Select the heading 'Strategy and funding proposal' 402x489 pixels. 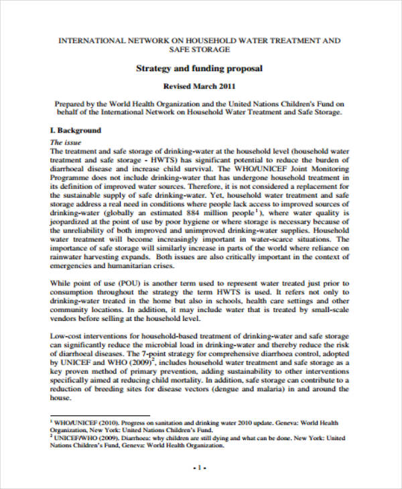tap(200, 68)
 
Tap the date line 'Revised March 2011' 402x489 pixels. tap(200, 87)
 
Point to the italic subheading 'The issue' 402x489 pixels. tap(66, 143)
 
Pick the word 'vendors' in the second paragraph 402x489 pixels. tap(65, 318)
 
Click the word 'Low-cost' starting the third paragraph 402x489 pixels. tap(68, 336)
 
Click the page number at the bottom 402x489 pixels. tap(200, 466)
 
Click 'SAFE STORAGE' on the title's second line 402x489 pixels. tap(200, 50)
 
